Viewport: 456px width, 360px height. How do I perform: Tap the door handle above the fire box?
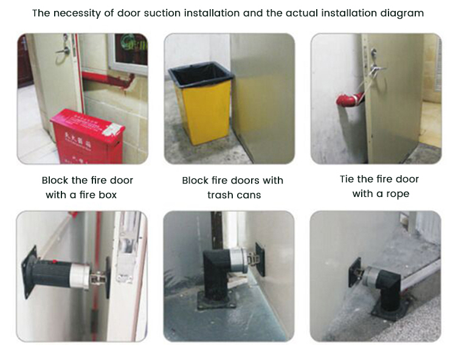(x=63, y=49)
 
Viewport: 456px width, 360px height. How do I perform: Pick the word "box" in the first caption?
(x=106, y=195)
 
